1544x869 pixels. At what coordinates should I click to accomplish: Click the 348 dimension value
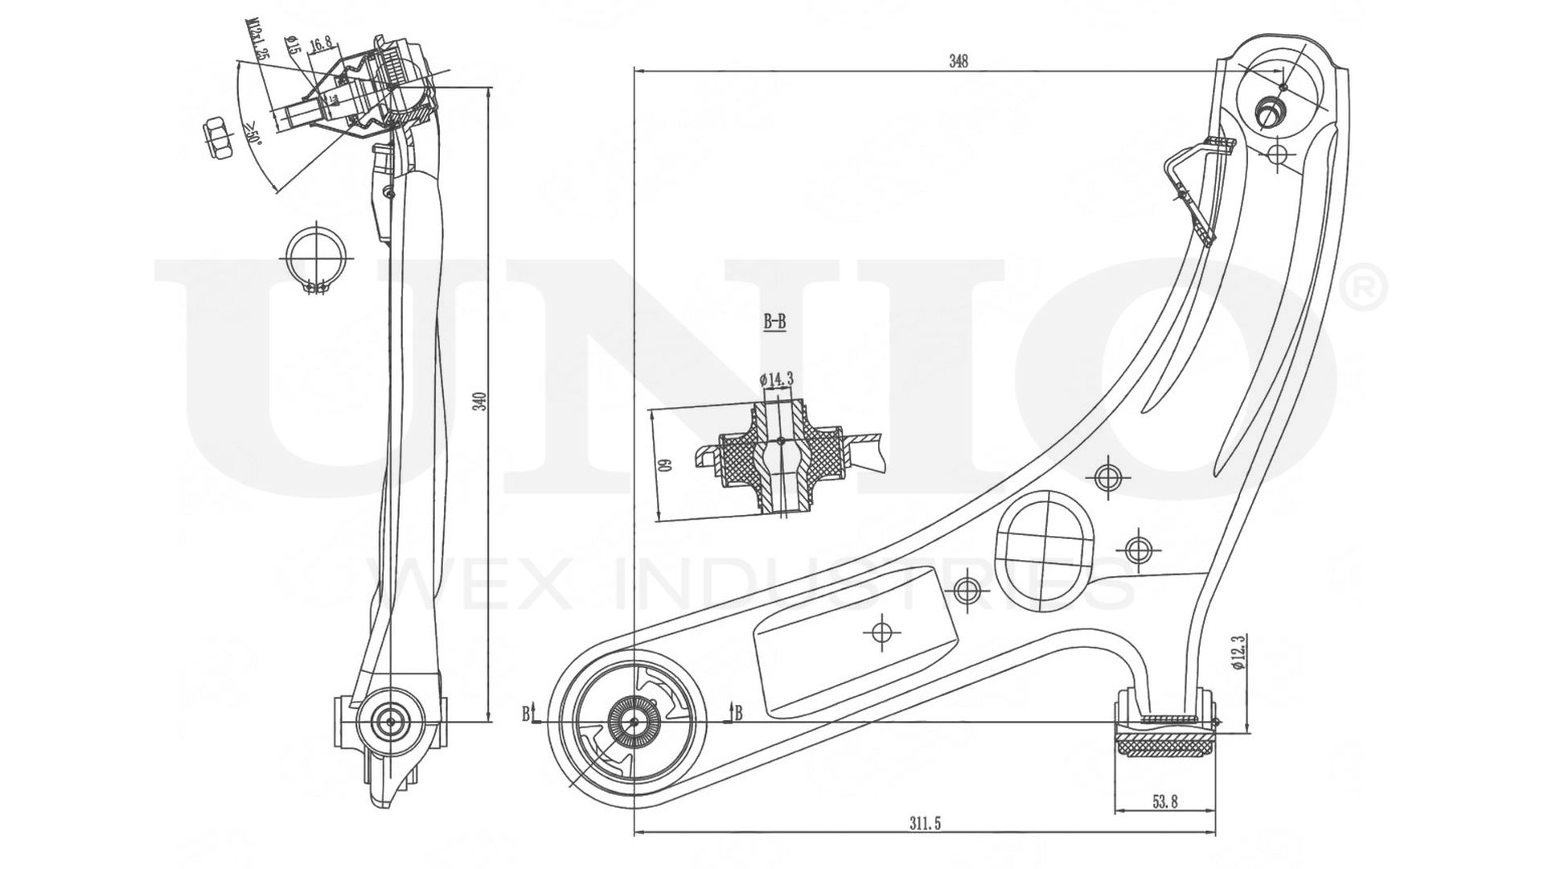pos(958,60)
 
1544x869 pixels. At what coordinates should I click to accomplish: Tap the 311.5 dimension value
pos(926,822)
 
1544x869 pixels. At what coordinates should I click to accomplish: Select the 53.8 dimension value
pos(1165,801)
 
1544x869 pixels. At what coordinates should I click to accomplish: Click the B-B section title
pos(774,323)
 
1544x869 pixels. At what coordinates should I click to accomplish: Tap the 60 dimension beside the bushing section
pos(665,465)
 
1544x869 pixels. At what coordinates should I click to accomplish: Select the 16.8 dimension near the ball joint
pos(320,44)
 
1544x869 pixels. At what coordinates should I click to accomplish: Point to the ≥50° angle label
pos(251,130)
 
